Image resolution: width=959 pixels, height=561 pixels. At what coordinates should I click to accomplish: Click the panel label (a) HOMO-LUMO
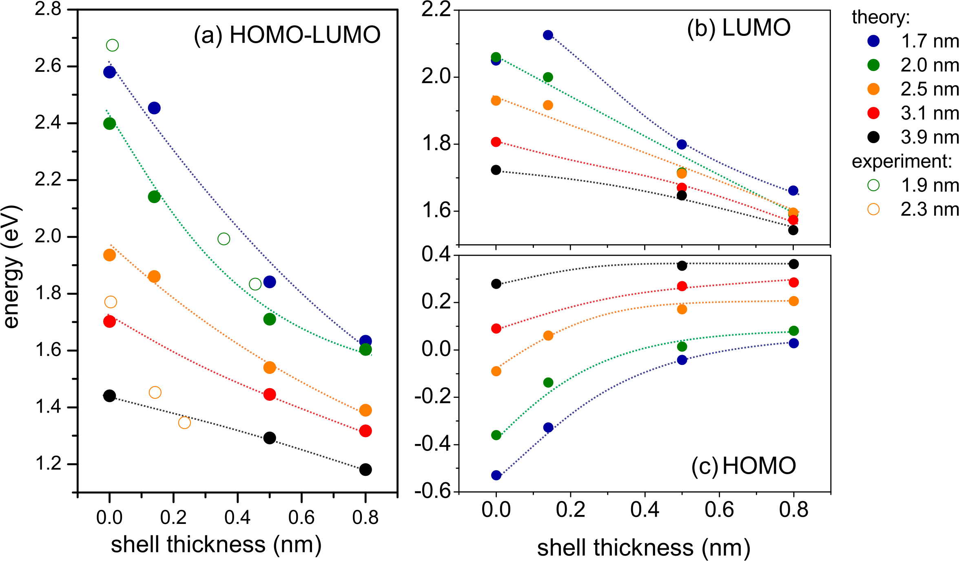287,35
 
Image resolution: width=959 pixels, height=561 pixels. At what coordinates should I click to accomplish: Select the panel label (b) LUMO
739,29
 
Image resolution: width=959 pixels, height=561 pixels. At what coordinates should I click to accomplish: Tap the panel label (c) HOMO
743,466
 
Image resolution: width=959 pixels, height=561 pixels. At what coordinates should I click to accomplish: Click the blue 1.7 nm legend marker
873,41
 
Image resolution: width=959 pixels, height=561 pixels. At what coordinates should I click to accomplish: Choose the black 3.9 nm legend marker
873,137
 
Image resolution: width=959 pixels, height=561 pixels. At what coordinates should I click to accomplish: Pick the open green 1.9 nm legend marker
873,186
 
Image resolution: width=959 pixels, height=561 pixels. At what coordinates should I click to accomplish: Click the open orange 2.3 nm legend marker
873,210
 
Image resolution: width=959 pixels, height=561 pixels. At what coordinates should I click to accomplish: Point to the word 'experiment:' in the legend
901,162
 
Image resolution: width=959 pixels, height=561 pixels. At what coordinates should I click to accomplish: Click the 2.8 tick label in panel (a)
48,9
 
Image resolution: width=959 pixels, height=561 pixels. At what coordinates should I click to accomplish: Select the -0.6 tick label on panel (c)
433,492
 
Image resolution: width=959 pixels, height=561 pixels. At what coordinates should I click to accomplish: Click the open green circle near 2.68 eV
112,45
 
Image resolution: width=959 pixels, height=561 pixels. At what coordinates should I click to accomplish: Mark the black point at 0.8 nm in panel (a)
365,470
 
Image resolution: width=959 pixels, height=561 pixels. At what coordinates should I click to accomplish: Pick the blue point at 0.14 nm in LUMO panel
548,35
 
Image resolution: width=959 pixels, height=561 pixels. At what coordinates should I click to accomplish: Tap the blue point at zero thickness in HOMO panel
496,475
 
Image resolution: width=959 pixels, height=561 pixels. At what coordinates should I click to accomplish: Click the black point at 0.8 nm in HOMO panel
793,264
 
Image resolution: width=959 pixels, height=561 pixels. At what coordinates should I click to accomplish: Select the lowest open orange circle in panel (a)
184,423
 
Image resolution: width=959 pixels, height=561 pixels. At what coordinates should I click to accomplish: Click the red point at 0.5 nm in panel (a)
270,395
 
